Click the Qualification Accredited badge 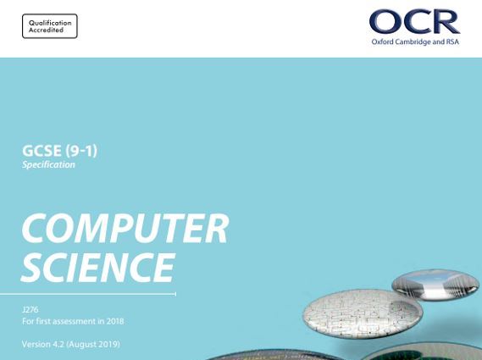[50, 26]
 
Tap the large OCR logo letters [414, 21]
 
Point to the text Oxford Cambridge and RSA [415, 42]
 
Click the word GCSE [42, 151]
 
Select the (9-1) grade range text [81, 151]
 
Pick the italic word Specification [48, 165]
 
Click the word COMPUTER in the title [125, 228]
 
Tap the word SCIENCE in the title [98, 267]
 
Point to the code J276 [30, 309]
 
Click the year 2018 [115, 321]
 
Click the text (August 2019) [93, 344]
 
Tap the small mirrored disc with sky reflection [435, 285]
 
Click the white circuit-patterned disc [363, 313]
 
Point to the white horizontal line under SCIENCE [88, 294]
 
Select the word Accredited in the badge [46, 30]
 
